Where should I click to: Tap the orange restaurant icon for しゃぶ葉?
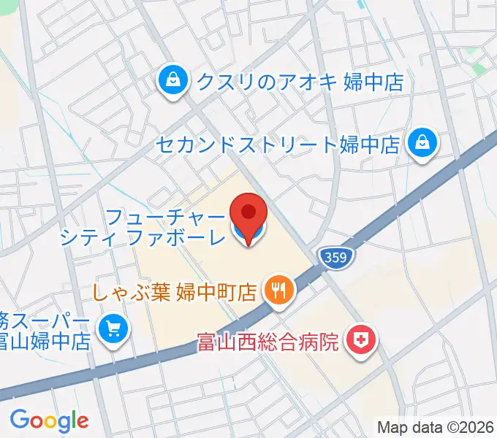pos(278,291)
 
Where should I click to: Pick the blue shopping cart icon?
pos(113,329)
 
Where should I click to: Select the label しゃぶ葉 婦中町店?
pos(175,293)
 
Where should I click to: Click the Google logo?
pos(49,420)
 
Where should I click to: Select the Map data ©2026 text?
pos(436,427)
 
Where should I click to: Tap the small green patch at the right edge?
pos(479,69)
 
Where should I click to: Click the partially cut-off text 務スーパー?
pos(44,320)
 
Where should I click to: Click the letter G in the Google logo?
pos(19,420)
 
